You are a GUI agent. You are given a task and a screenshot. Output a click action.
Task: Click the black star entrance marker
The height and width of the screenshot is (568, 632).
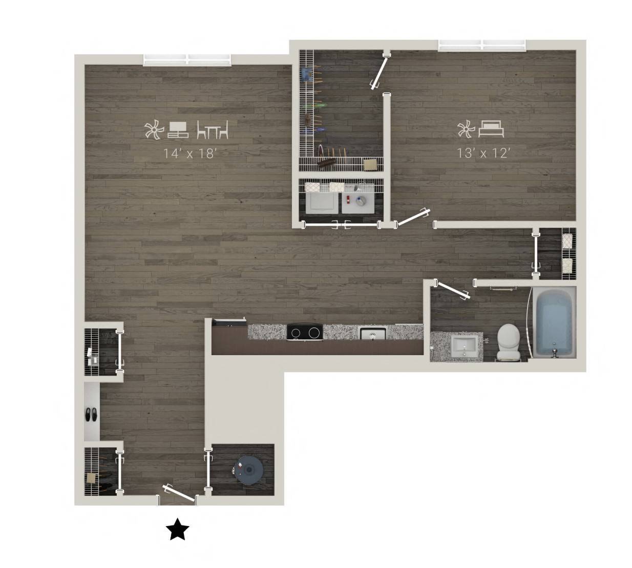click(177, 529)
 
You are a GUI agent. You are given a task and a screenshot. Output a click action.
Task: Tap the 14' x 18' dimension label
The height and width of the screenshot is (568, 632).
click(190, 154)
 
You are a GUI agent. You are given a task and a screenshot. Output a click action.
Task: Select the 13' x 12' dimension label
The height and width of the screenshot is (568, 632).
click(483, 153)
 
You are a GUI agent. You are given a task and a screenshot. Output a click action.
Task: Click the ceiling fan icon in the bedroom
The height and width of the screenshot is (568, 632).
click(466, 129)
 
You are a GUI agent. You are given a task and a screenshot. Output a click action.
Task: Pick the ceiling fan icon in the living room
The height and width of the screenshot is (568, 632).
click(154, 130)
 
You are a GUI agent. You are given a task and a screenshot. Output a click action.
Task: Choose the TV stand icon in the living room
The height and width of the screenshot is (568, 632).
click(178, 130)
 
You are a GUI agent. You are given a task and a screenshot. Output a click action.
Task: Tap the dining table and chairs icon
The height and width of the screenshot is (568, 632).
click(213, 129)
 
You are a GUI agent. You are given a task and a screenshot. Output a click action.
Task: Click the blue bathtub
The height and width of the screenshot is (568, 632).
click(554, 322)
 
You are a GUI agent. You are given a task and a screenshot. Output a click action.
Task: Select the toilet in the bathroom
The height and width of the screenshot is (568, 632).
click(509, 342)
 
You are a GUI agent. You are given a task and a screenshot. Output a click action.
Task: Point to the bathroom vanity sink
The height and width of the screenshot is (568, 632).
click(464, 346)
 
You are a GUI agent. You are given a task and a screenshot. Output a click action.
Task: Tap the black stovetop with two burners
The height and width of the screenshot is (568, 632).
click(305, 332)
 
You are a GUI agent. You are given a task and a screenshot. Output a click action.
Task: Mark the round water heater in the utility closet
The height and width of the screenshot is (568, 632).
click(249, 470)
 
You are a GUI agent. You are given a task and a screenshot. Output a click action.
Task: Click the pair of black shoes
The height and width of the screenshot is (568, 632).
click(91, 414)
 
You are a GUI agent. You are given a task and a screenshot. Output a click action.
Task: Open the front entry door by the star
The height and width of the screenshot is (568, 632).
click(178, 493)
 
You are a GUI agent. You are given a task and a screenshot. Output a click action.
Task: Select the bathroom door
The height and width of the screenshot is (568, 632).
click(452, 290)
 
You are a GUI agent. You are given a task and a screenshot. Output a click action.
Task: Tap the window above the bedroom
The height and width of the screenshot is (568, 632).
click(482, 45)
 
